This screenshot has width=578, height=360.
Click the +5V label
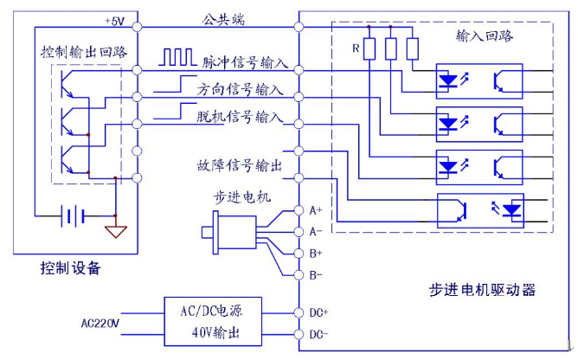114,19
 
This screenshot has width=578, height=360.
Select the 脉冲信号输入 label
245,61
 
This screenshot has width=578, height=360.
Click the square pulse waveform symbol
178,58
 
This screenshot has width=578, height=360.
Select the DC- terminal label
320,335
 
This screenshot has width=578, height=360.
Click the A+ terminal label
316,210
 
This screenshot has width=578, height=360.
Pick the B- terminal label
316,275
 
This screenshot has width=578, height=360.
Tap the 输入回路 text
484,35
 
